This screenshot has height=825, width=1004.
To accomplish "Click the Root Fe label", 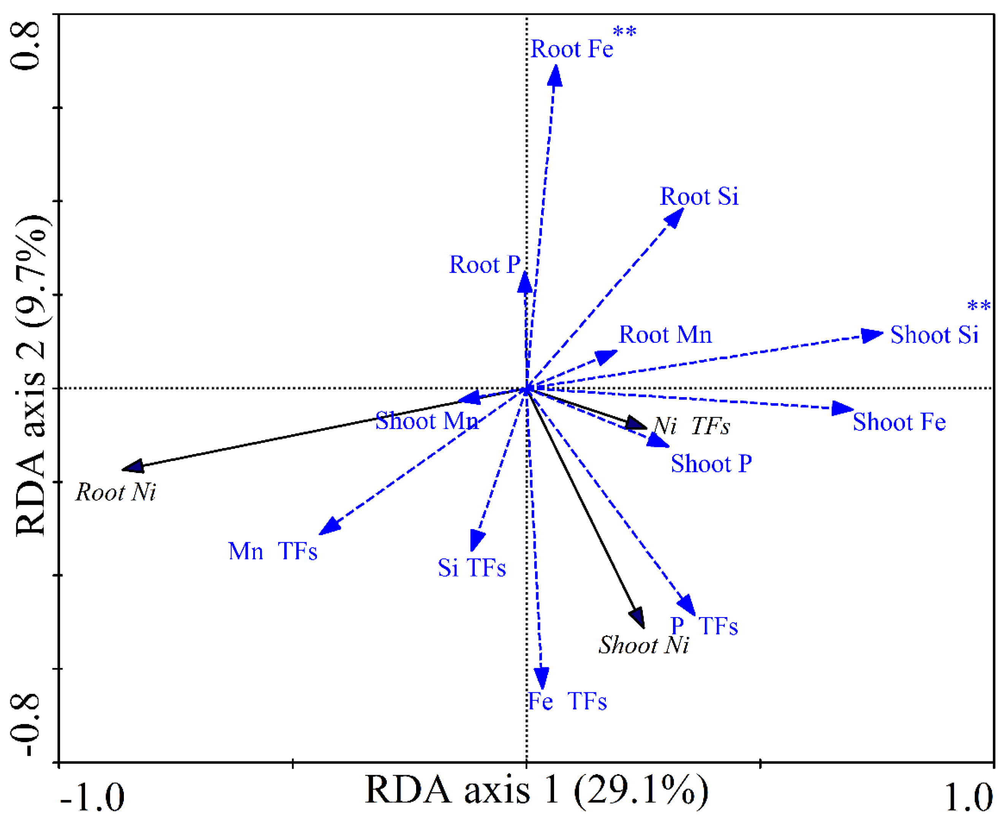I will (x=572, y=49).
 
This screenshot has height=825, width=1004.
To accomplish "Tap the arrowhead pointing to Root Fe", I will (x=554, y=76).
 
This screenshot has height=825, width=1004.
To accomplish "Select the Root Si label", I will (x=699, y=196).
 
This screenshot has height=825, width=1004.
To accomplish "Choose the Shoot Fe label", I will (x=899, y=422).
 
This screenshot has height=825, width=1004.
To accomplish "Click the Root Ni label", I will (x=116, y=492).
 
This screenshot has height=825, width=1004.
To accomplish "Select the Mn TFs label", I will (x=273, y=551).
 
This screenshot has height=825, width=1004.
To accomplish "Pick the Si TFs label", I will (x=471, y=567).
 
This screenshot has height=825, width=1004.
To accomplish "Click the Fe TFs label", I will (x=567, y=701).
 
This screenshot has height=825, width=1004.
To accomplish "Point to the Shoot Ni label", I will (x=643, y=645).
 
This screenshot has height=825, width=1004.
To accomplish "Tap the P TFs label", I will (x=704, y=626).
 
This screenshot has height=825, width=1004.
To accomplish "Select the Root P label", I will (x=485, y=265).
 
